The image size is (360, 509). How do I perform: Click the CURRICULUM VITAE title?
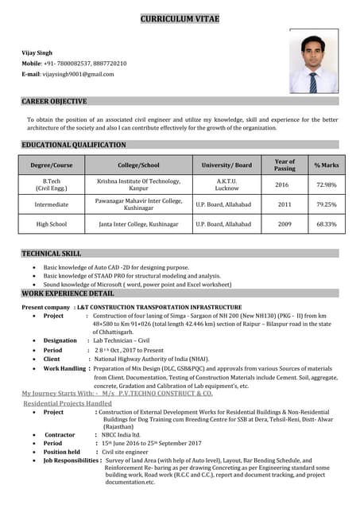click(x=180, y=18)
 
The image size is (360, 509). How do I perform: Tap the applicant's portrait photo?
click(x=312, y=62)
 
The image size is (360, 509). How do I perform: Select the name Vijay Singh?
click(x=37, y=52)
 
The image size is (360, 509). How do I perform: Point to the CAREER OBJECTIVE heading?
click(x=54, y=102)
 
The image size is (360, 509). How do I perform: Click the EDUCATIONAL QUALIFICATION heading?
click(x=73, y=145)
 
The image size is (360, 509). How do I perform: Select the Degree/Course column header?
click(x=52, y=165)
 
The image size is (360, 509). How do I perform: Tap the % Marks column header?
click(x=326, y=165)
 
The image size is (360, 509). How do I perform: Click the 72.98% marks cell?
click(x=326, y=185)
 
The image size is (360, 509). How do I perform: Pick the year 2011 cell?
click(x=284, y=204)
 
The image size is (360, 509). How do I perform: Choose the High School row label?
click(x=52, y=224)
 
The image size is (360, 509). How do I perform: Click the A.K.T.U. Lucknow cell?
click(x=226, y=185)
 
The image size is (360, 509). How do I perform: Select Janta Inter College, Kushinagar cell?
click(x=138, y=224)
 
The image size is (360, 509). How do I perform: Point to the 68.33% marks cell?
click(x=326, y=224)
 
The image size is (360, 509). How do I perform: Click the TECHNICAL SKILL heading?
click(x=51, y=253)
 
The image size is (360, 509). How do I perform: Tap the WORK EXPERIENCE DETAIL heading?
click(x=68, y=293)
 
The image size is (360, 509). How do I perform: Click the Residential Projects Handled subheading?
click(x=68, y=403)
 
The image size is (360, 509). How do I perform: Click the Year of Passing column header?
click(x=284, y=165)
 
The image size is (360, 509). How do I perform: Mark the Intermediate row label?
click(x=52, y=204)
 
